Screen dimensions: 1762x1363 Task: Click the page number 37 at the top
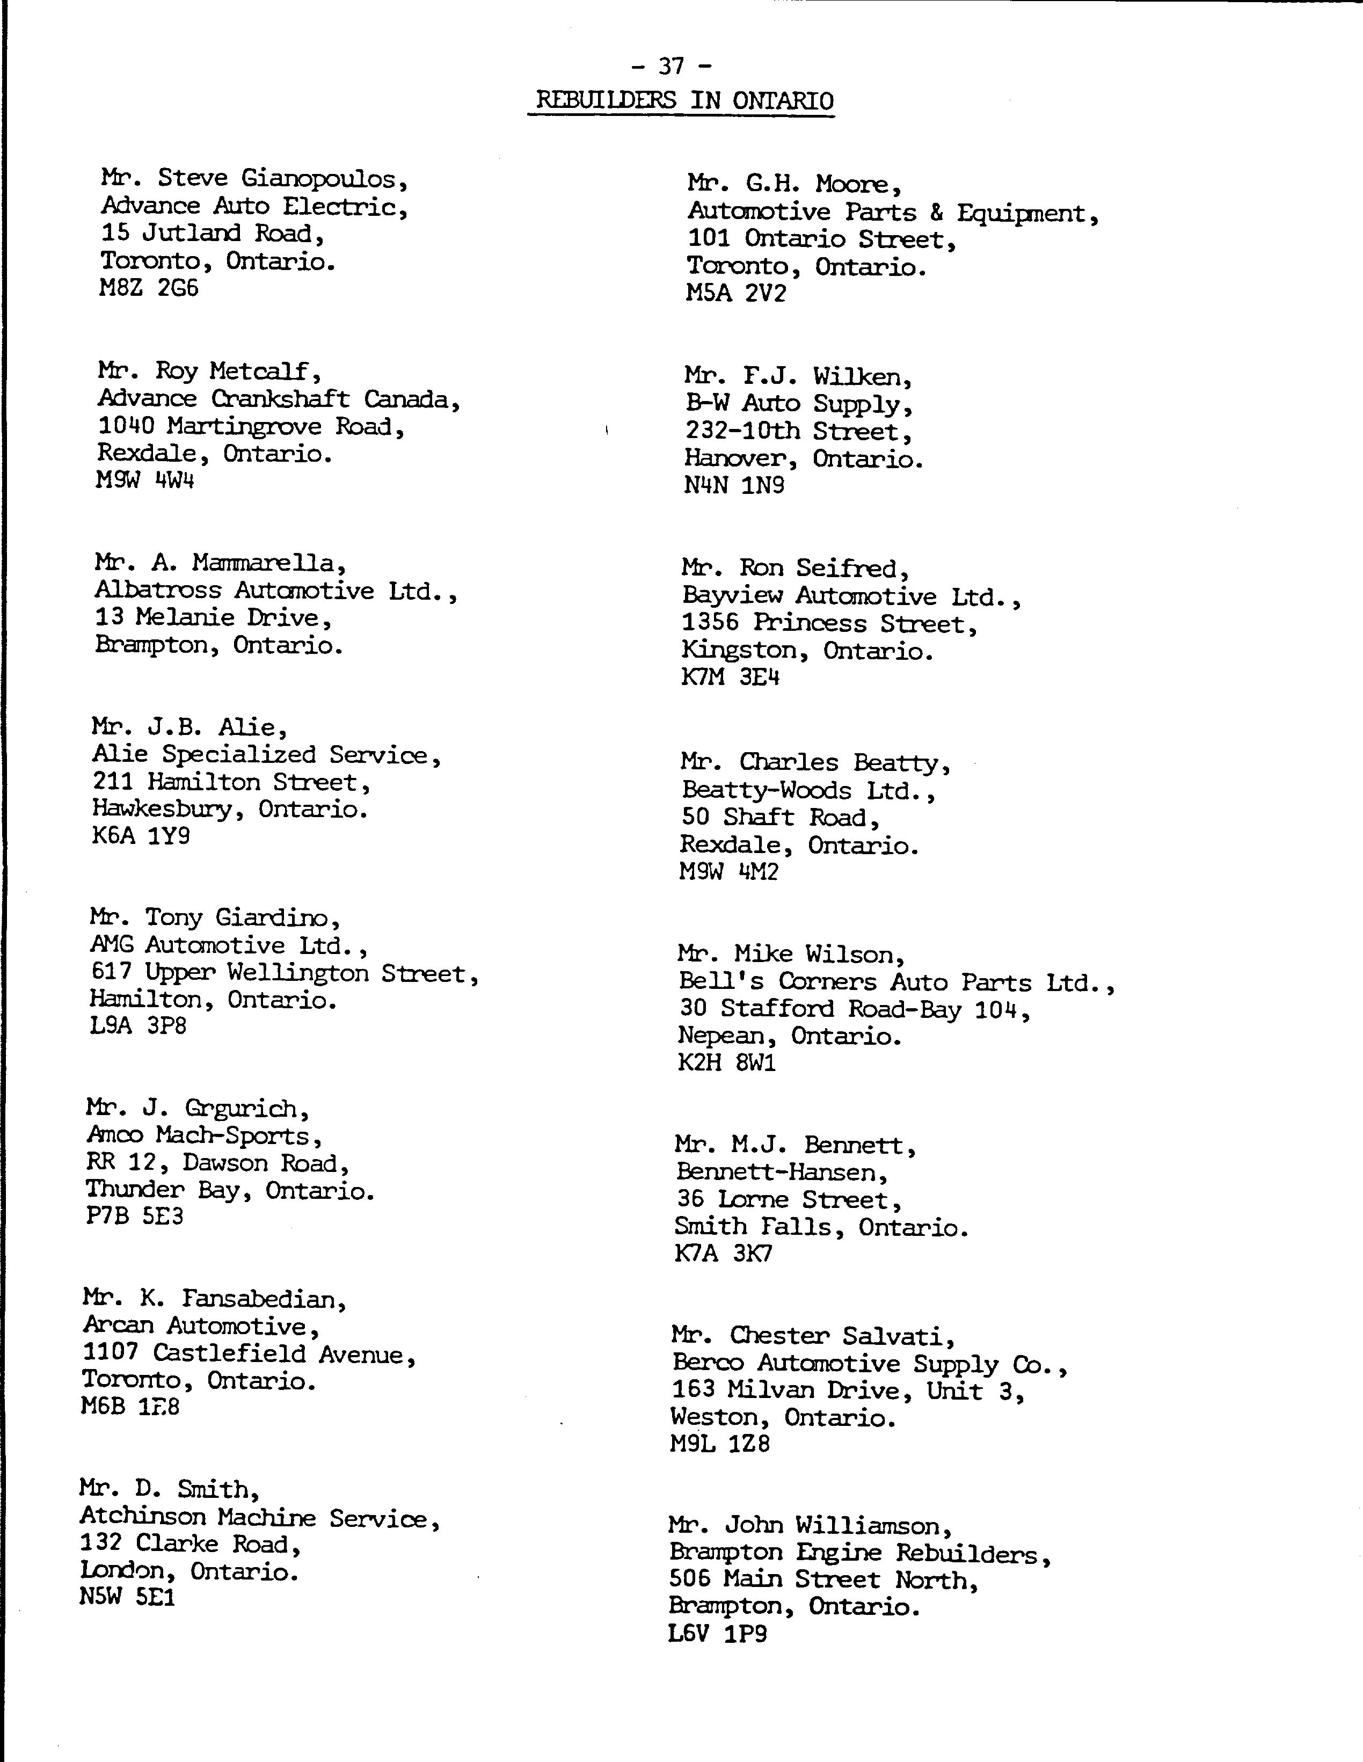(x=671, y=65)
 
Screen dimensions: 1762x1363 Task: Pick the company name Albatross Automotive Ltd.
(x=274, y=591)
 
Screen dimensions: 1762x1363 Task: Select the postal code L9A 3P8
(x=138, y=1026)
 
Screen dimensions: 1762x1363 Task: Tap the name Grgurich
(x=246, y=1109)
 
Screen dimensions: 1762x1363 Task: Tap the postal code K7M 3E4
(x=730, y=677)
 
